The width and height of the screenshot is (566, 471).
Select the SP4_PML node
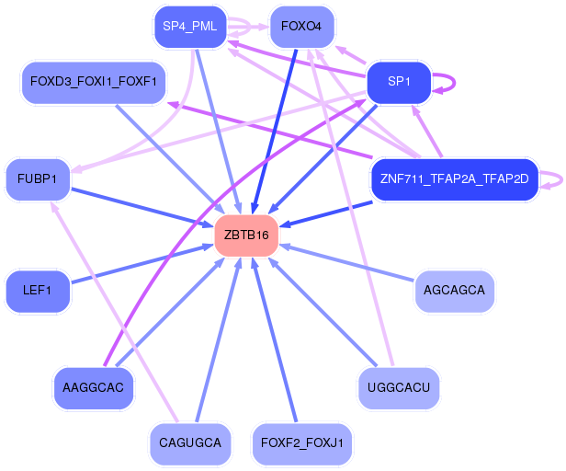189,26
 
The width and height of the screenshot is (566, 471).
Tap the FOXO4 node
302,26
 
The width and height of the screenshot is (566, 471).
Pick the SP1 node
399,82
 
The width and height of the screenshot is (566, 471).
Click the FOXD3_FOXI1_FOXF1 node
93,82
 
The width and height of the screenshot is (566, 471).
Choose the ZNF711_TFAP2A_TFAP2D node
454,178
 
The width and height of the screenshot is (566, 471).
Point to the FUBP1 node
37,178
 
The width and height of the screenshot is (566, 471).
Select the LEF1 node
37,291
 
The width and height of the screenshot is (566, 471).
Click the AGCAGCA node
454,291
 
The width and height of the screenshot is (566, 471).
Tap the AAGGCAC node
93,386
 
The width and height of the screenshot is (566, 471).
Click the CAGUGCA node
189,443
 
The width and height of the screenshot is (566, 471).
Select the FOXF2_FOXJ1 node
302,443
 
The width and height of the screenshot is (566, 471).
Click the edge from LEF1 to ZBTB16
138,264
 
